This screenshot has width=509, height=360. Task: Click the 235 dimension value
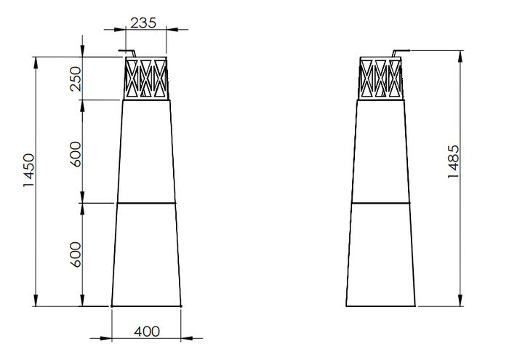click(x=143, y=23)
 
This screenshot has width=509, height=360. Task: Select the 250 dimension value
click(x=76, y=79)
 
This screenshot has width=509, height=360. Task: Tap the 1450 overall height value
click(x=28, y=170)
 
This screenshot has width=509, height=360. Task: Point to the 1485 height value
click(x=453, y=161)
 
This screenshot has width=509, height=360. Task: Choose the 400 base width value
click(x=147, y=332)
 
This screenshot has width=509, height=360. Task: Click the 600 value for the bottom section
click(x=76, y=255)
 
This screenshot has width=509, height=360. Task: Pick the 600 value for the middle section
click(x=76, y=154)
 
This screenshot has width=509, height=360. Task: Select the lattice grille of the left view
click(x=146, y=79)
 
